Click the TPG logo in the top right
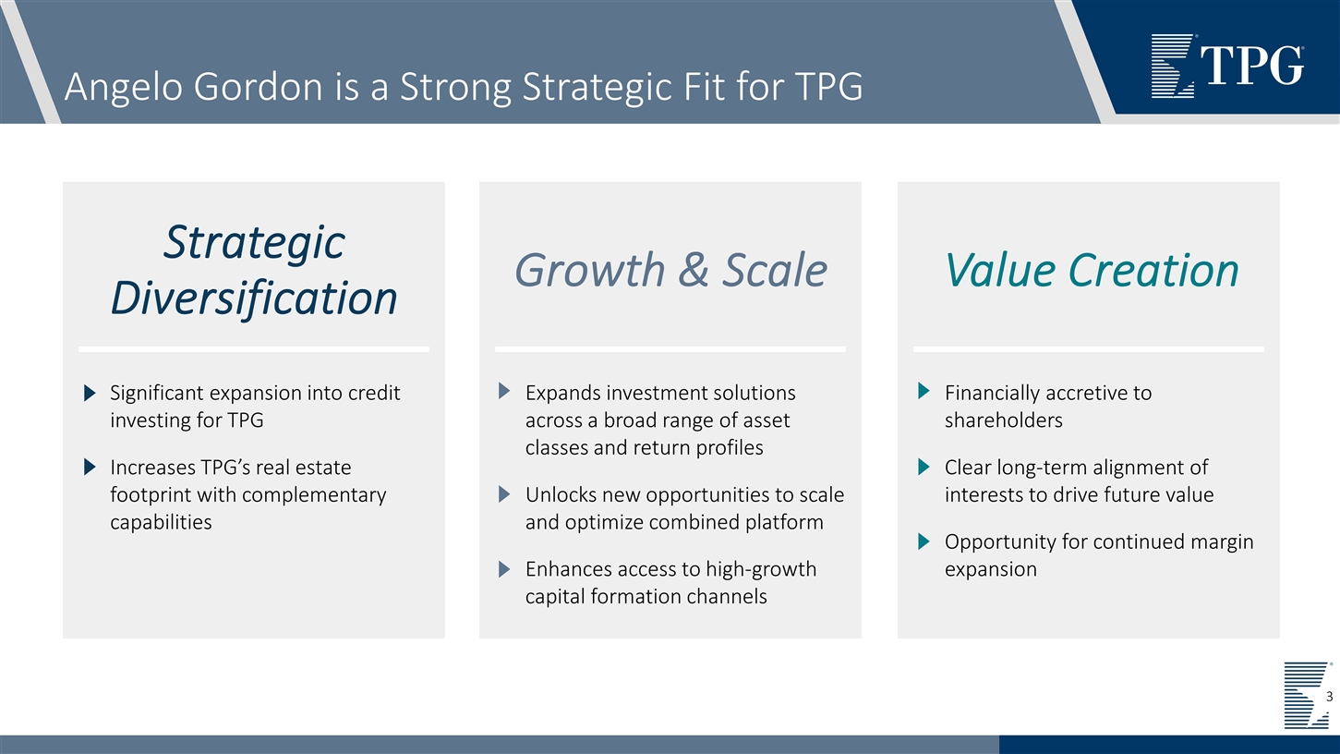(1226, 66)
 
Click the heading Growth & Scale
(670, 270)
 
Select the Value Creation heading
(1091, 270)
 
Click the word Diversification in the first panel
(254, 298)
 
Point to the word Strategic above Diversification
(254, 242)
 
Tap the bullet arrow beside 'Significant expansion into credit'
(90, 394)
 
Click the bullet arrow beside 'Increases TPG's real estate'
(90, 468)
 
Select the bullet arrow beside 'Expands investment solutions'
(504, 393)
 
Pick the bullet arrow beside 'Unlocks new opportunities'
(504, 494)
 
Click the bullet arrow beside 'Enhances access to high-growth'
(504, 569)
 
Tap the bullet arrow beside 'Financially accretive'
(924, 393)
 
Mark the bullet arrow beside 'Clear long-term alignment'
(924, 468)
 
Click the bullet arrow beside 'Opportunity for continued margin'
(924, 541)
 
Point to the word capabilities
(161, 522)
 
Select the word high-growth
(761, 568)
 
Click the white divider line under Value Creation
(1088, 349)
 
